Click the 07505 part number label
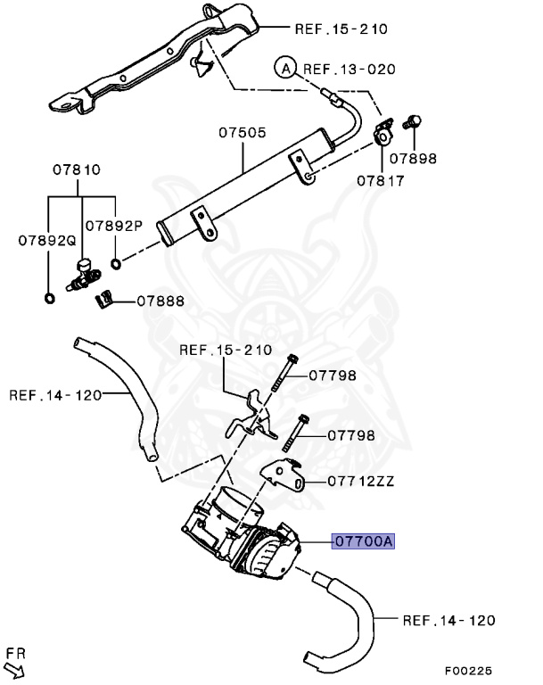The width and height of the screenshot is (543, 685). pos(243,133)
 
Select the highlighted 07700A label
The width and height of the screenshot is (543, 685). pos(363,541)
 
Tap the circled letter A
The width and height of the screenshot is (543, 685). pos(284,69)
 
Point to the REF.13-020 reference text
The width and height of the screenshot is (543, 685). pos(349,69)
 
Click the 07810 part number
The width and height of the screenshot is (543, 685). pos(76,169)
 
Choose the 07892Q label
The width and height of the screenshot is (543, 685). pos(45,240)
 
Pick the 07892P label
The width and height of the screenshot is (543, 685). pos(114,226)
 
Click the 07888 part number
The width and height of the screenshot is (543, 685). pos(160,301)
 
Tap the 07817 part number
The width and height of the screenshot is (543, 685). pos(381,180)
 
